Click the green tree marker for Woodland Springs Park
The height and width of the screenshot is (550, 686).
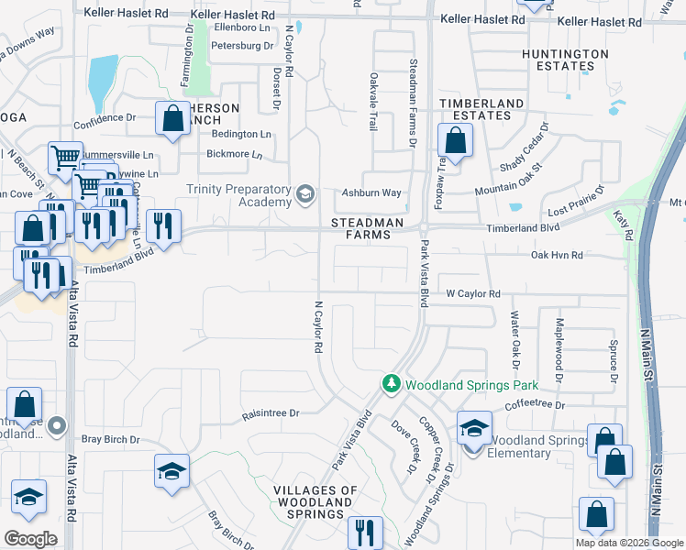[x=392, y=382]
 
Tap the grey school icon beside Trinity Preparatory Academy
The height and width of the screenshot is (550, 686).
[x=305, y=193]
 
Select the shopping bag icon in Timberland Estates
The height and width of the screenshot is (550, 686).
[x=455, y=141]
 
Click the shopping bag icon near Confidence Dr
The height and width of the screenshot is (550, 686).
[x=172, y=118]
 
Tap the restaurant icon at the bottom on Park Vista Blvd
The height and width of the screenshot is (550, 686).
[x=365, y=531]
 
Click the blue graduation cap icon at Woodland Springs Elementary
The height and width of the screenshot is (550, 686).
[x=474, y=427]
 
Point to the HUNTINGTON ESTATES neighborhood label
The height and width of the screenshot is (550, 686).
[x=564, y=60]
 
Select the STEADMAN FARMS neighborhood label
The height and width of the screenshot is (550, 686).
[x=361, y=228]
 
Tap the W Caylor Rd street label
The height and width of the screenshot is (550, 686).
[x=472, y=293]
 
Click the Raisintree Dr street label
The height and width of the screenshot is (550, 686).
[x=271, y=413]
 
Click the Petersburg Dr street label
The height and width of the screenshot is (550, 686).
[x=242, y=45]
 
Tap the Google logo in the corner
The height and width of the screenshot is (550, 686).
[x=30, y=539]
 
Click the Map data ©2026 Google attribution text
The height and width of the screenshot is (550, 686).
[x=629, y=543]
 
